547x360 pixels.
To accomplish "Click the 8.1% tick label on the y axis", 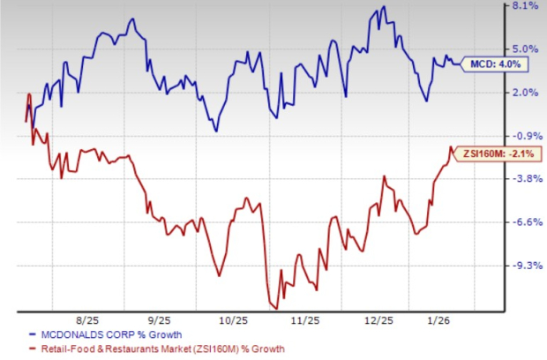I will coord(525,6).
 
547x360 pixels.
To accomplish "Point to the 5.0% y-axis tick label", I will coord(525,49).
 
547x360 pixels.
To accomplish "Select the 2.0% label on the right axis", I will coord(525,93).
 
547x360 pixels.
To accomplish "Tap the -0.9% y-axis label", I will coord(525,136).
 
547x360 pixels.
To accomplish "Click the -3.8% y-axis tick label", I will coord(525,179).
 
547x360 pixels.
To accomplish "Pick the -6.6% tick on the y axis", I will coord(525,222).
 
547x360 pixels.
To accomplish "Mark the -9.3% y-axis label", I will coord(525,266).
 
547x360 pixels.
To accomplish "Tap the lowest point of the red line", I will coord(274,307).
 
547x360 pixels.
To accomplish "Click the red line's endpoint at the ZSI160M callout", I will coord(452,147).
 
